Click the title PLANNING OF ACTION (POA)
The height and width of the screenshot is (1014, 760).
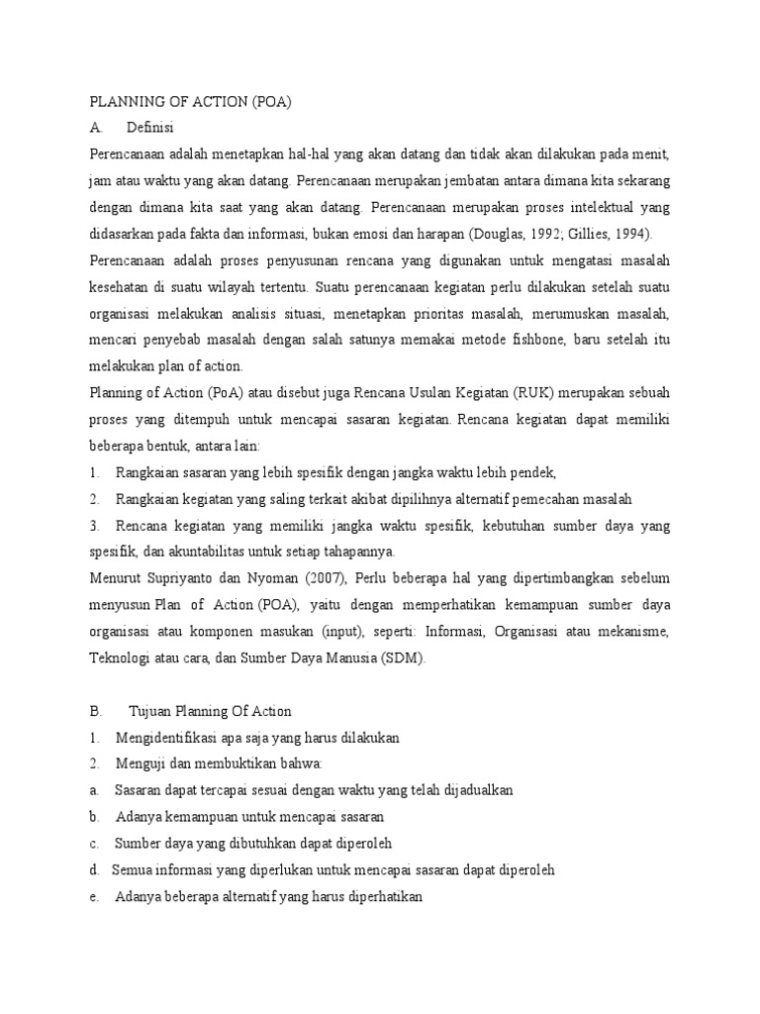tap(192, 101)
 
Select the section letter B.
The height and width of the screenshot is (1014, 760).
tap(96, 711)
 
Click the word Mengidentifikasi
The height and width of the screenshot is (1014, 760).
tap(169, 738)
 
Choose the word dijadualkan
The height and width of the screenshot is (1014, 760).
tap(470, 790)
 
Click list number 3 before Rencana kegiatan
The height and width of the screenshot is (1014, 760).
tap(94, 524)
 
